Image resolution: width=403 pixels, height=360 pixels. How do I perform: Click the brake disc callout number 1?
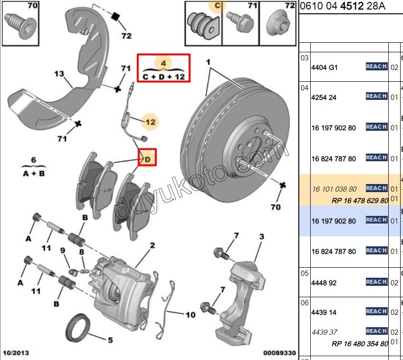point(208,62)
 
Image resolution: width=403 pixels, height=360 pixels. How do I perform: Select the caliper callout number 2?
point(152,245)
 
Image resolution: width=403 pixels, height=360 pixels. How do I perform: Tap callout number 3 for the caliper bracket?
point(261,237)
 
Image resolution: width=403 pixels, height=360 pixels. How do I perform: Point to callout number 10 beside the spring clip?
point(190,315)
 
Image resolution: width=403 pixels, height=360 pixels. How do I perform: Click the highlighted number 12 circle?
point(150,122)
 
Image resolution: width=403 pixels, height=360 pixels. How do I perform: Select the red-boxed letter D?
point(147,158)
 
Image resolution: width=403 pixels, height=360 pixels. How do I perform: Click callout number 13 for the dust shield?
point(59,74)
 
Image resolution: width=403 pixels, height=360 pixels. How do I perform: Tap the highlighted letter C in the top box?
point(217,6)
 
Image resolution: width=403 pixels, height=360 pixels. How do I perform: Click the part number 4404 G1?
point(324,68)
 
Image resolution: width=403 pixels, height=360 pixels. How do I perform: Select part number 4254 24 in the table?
point(324,97)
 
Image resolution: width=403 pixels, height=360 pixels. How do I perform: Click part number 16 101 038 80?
point(334,189)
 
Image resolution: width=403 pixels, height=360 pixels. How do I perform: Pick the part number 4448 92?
point(324,283)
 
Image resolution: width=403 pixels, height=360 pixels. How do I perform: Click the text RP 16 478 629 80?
point(360,201)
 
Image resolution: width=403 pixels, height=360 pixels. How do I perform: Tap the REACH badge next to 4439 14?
point(376,311)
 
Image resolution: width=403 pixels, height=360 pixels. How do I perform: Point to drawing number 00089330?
point(280,353)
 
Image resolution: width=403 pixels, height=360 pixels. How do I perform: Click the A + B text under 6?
point(34,174)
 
